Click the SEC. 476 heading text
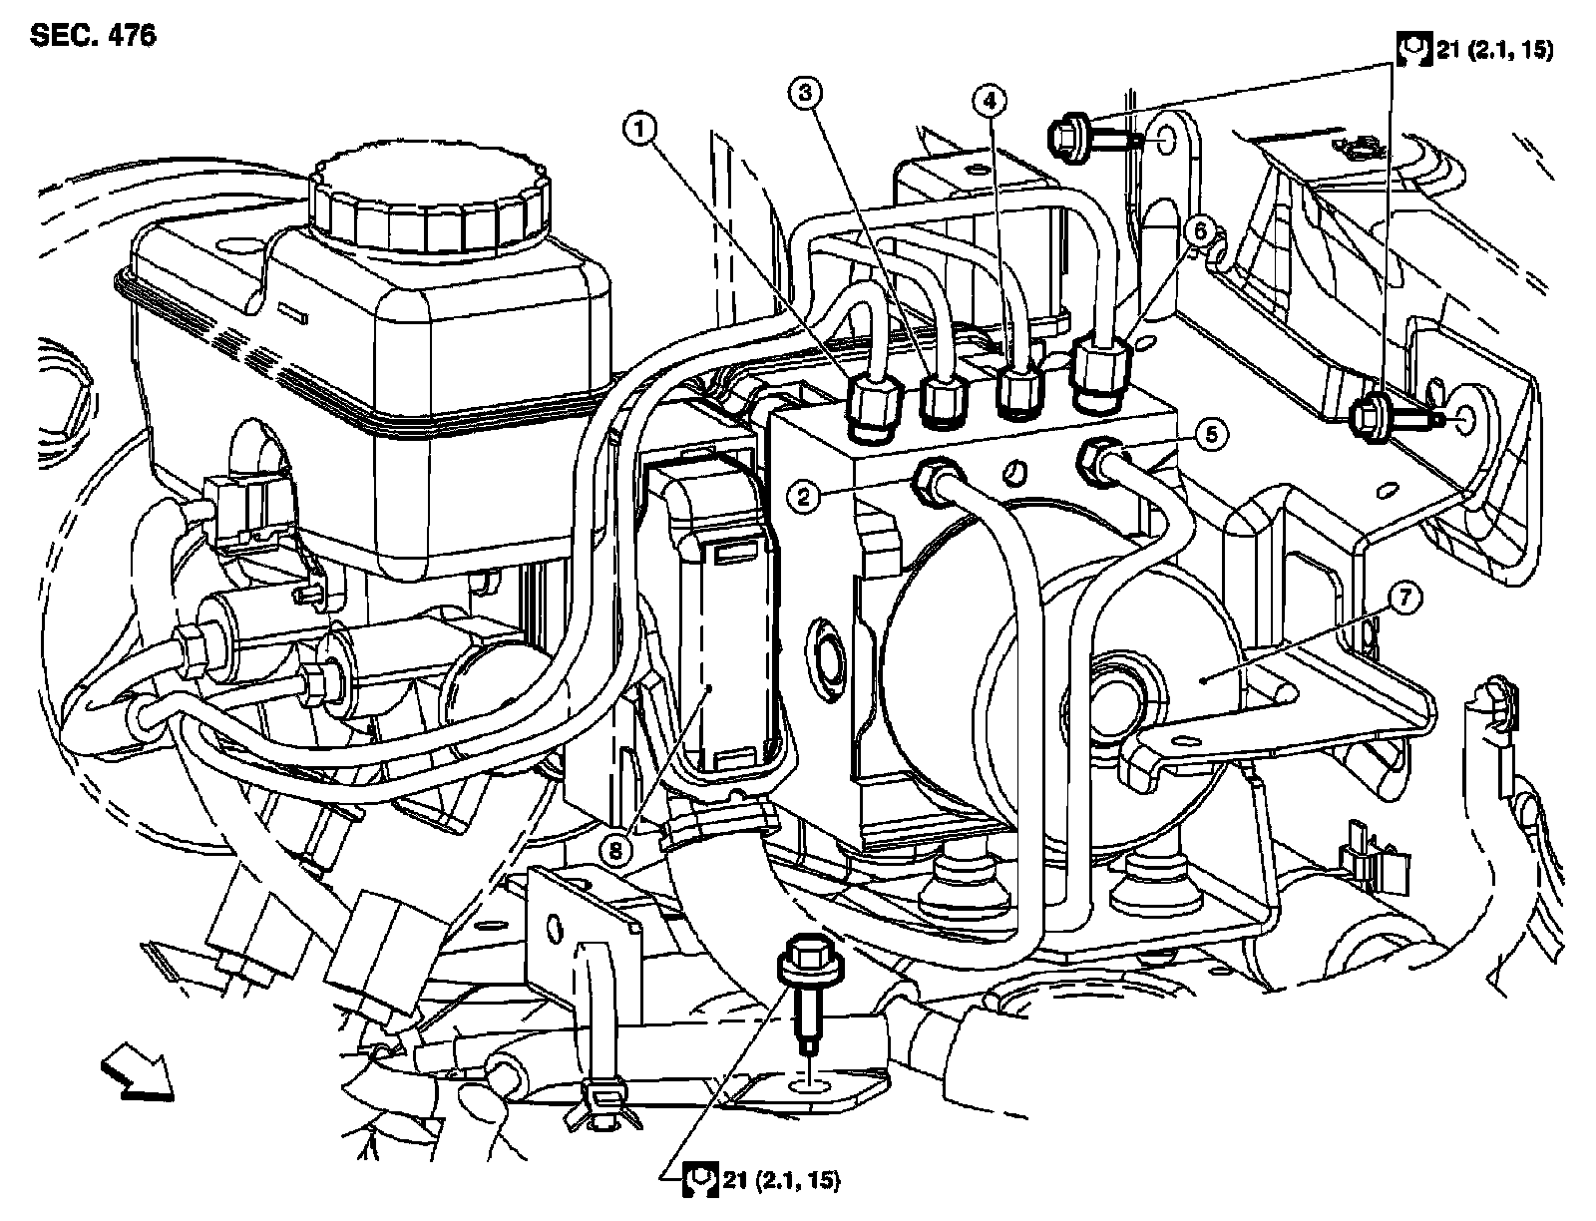coord(93,37)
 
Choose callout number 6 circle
coord(1201,232)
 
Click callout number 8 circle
coord(617,850)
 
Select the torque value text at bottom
coord(779,1181)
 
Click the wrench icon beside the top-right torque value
coord(1411,49)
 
